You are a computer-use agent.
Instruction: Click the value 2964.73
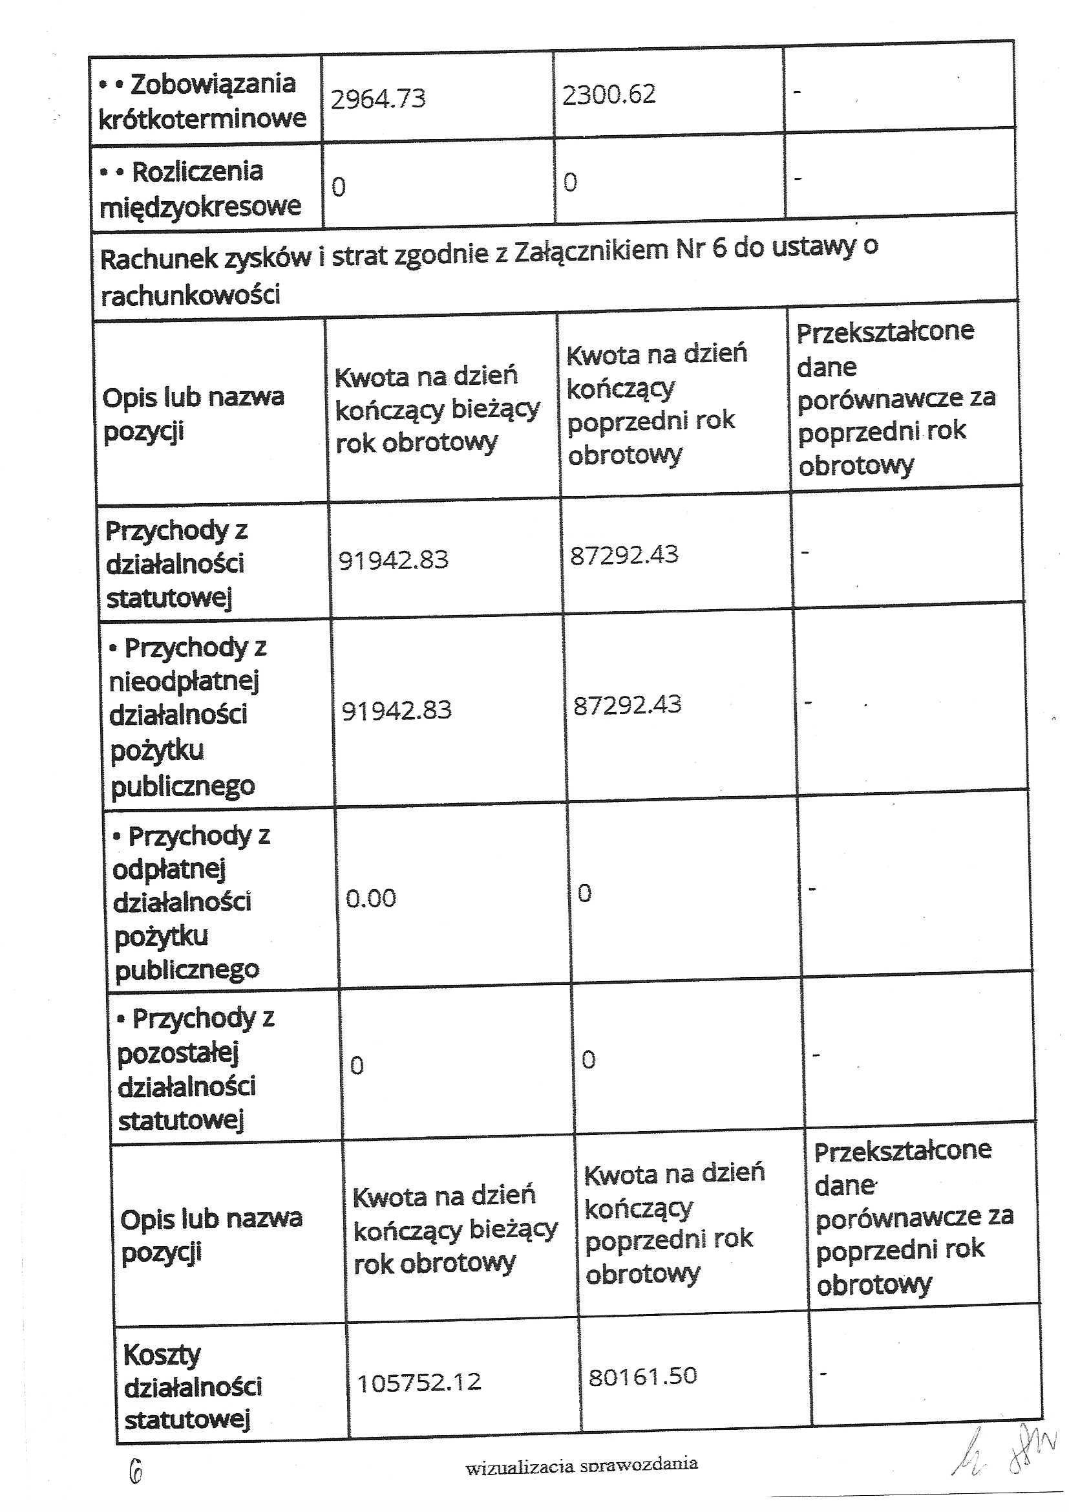(x=378, y=99)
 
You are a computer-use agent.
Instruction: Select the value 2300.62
(x=609, y=94)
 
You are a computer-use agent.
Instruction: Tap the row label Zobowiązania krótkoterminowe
(x=202, y=101)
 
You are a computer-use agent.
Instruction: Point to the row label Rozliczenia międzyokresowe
(x=200, y=189)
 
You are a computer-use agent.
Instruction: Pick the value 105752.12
(x=419, y=1381)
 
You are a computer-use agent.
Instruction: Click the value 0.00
(x=370, y=898)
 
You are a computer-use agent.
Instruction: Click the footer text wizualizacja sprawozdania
(x=581, y=1466)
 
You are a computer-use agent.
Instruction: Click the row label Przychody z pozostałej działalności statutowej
(x=191, y=1068)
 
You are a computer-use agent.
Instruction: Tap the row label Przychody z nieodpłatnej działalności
(x=184, y=716)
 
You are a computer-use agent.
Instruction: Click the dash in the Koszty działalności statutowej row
(x=822, y=1372)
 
